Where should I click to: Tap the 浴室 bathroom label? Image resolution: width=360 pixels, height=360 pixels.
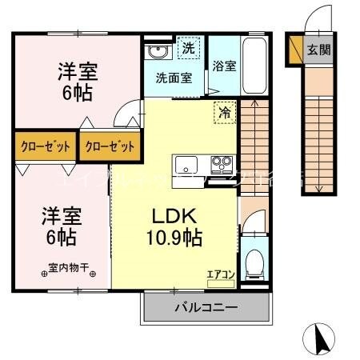coord(224,66)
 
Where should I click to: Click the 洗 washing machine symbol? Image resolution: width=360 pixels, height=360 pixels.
coord(188,49)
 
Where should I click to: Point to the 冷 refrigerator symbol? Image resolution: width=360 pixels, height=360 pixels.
coord(226,112)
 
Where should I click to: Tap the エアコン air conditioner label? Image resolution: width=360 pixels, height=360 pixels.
coord(221,274)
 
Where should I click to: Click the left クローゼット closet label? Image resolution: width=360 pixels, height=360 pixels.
coord(44,147)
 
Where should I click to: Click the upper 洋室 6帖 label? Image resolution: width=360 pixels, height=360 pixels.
coord(78,81)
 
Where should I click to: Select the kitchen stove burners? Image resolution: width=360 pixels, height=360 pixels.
coord(220,166)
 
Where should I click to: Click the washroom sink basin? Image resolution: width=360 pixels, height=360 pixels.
coord(155,53)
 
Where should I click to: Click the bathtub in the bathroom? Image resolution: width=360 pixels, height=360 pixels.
coord(257,66)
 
